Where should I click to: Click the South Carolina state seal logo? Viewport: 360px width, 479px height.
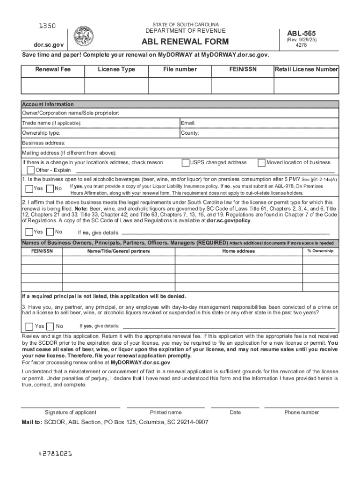click(x=84, y=36)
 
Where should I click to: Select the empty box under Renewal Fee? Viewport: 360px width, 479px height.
click(x=52, y=86)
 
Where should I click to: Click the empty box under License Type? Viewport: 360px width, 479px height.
click(x=116, y=86)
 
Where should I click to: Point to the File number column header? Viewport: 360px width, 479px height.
click(x=180, y=69)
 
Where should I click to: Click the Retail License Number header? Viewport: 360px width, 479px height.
click(x=306, y=69)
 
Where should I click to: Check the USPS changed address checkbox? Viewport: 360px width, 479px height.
click(x=186, y=163)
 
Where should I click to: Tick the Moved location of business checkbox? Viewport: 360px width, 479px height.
click(x=262, y=163)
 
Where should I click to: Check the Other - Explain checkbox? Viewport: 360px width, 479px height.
click(x=31, y=170)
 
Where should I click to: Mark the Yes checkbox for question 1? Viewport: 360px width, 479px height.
click(x=29, y=188)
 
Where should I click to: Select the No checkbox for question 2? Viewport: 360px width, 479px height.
click(x=50, y=232)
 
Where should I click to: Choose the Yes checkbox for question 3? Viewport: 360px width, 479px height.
click(x=29, y=326)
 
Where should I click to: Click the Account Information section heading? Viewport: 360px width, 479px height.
click(x=48, y=104)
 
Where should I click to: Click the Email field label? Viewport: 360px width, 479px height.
click(x=188, y=123)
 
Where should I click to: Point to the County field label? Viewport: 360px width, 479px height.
click(x=190, y=133)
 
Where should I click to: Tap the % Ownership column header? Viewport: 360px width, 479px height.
click(x=320, y=251)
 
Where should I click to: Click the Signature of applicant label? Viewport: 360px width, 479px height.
click(x=71, y=412)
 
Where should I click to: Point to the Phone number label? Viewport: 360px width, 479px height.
click(x=302, y=412)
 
